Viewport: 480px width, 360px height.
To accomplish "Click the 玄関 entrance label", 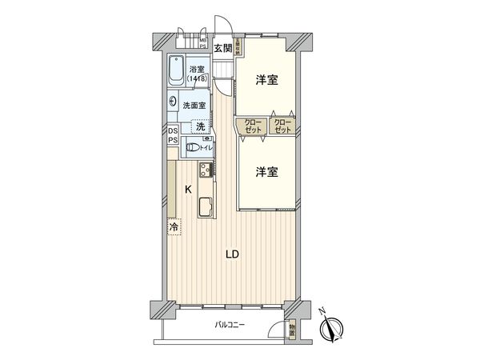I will point(222,48).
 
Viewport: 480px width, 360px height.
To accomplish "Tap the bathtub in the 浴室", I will point(178,74).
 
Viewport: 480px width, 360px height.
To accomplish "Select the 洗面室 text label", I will point(195,104).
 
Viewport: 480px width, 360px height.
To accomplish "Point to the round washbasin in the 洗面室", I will point(174,102).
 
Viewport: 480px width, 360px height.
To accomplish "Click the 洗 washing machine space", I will point(202,126).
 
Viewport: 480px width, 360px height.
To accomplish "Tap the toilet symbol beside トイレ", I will point(190,146).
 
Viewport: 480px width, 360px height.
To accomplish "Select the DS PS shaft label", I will point(173,136).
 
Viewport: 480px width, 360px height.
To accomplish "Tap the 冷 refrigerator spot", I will point(174,228).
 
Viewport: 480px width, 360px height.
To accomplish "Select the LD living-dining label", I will point(231,255).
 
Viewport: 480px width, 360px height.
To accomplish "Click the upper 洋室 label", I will point(266,80).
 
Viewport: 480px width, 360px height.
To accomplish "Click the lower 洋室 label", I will point(266,171).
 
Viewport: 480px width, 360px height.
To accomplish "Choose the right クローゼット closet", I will point(282,126).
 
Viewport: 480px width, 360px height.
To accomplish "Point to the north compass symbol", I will point(332,328).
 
